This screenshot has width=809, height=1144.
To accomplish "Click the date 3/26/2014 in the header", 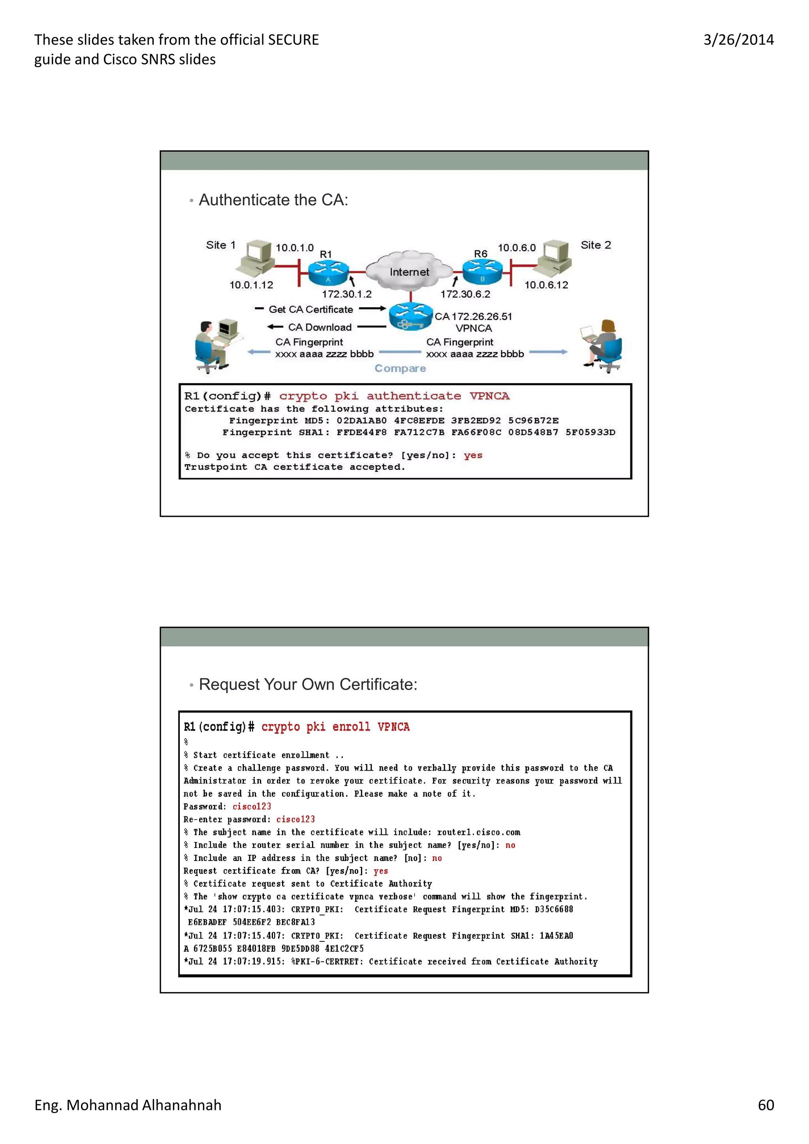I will (x=738, y=40).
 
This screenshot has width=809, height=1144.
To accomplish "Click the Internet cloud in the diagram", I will (x=409, y=272).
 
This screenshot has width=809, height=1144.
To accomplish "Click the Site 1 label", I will (x=220, y=245).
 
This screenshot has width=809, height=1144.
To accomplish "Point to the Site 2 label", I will (x=595, y=245).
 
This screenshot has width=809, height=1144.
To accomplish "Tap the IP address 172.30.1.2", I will (x=346, y=294).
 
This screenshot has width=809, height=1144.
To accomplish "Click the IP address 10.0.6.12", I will (x=546, y=285).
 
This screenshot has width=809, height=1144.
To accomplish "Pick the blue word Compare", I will (x=400, y=368).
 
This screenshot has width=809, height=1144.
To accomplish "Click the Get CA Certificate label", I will (x=310, y=309).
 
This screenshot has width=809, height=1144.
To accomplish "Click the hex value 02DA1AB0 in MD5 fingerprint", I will (x=361, y=420).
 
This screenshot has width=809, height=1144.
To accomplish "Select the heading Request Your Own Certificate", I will (x=308, y=684).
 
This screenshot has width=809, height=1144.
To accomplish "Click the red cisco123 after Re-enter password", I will (x=295, y=819).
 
